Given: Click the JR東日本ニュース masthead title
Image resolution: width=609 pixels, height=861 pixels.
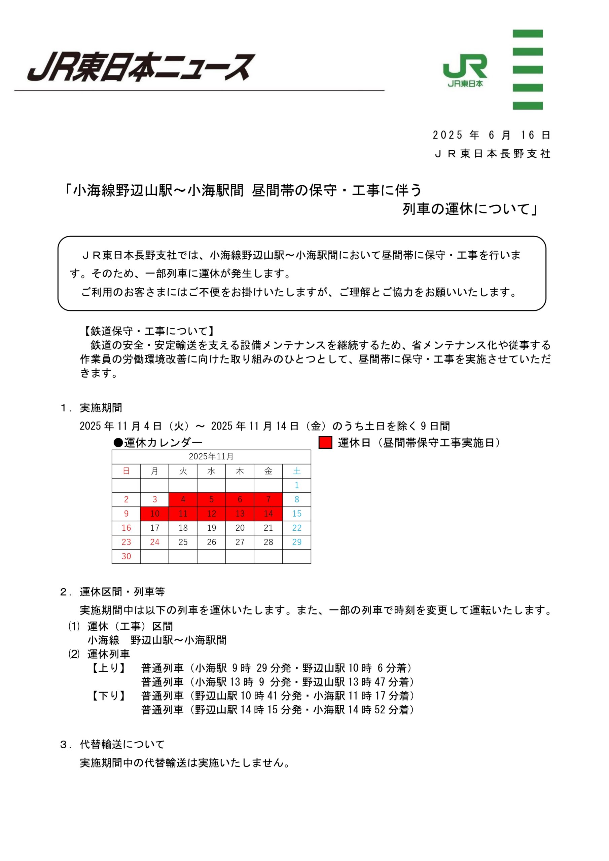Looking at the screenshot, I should [141, 68].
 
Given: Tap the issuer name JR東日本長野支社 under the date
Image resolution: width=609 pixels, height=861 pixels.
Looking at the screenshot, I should [492, 154].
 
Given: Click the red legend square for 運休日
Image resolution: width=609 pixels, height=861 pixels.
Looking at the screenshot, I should [325, 443].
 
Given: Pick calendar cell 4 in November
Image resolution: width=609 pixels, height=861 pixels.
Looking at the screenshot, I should [183, 499].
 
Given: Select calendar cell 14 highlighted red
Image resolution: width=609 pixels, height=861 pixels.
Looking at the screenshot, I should [268, 514].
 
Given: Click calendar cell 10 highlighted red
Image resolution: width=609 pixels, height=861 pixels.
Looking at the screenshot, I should [154, 514].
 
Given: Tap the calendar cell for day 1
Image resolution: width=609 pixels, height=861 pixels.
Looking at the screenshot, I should [296, 485].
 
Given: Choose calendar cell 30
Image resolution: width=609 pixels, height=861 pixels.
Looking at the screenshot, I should [126, 557].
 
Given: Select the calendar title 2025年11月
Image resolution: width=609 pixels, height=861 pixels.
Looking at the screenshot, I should [211, 457].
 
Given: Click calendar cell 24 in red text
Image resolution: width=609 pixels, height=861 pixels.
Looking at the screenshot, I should [154, 542].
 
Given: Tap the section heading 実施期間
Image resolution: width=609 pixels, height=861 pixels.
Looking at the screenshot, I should [101, 408].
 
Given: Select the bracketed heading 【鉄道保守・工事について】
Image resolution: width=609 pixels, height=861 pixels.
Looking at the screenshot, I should [149, 331].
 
